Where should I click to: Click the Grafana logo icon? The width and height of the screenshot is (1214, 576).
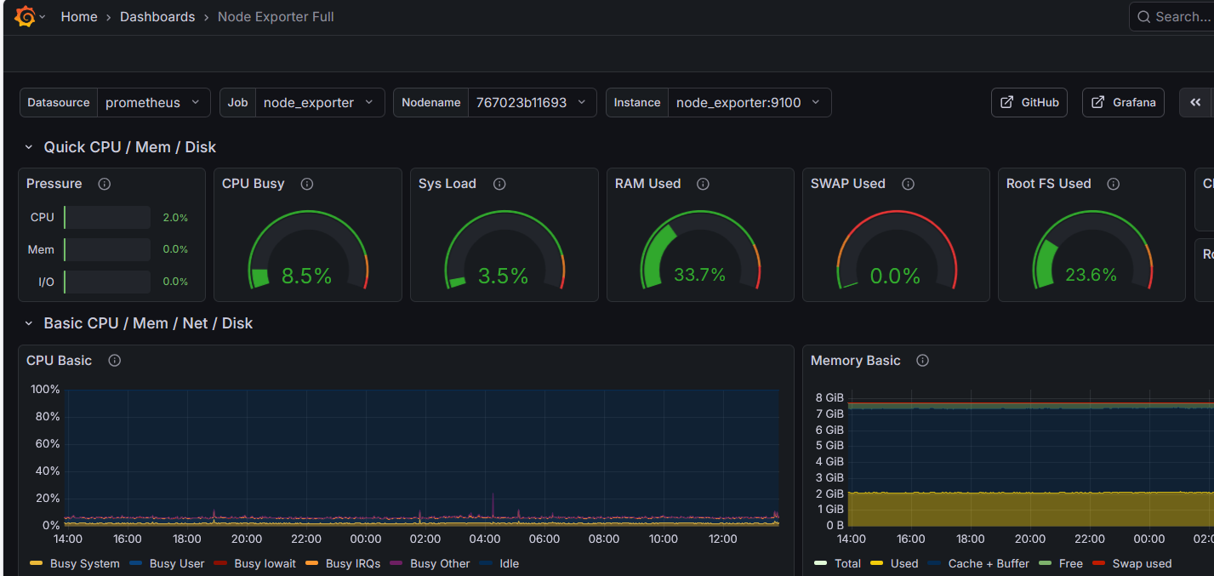pos(25,17)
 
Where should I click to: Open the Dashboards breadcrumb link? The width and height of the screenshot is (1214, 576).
pos(157,17)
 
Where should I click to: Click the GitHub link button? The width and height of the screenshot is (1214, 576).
pos(1029,103)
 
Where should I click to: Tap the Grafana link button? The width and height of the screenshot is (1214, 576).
pos(1123,103)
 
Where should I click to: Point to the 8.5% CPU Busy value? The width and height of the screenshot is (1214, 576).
pos(306,276)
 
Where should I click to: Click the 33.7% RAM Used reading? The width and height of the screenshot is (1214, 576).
pos(699,275)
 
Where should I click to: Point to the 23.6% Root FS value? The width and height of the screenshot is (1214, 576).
pos(1091,275)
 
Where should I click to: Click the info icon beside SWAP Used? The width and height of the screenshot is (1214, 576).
pos(908,184)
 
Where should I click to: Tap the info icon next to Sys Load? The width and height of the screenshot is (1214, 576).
pos(499,184)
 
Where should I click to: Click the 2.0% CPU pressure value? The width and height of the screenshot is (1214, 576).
pos(175,218)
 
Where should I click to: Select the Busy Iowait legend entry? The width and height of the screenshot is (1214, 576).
pos(265,563)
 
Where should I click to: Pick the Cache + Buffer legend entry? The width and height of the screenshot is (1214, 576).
pos(988,563)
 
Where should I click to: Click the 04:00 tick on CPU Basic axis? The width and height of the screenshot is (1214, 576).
pos(485,539)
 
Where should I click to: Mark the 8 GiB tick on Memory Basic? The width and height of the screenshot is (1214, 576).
pos(829,397)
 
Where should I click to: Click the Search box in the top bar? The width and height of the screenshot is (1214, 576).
pos(1178,17)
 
